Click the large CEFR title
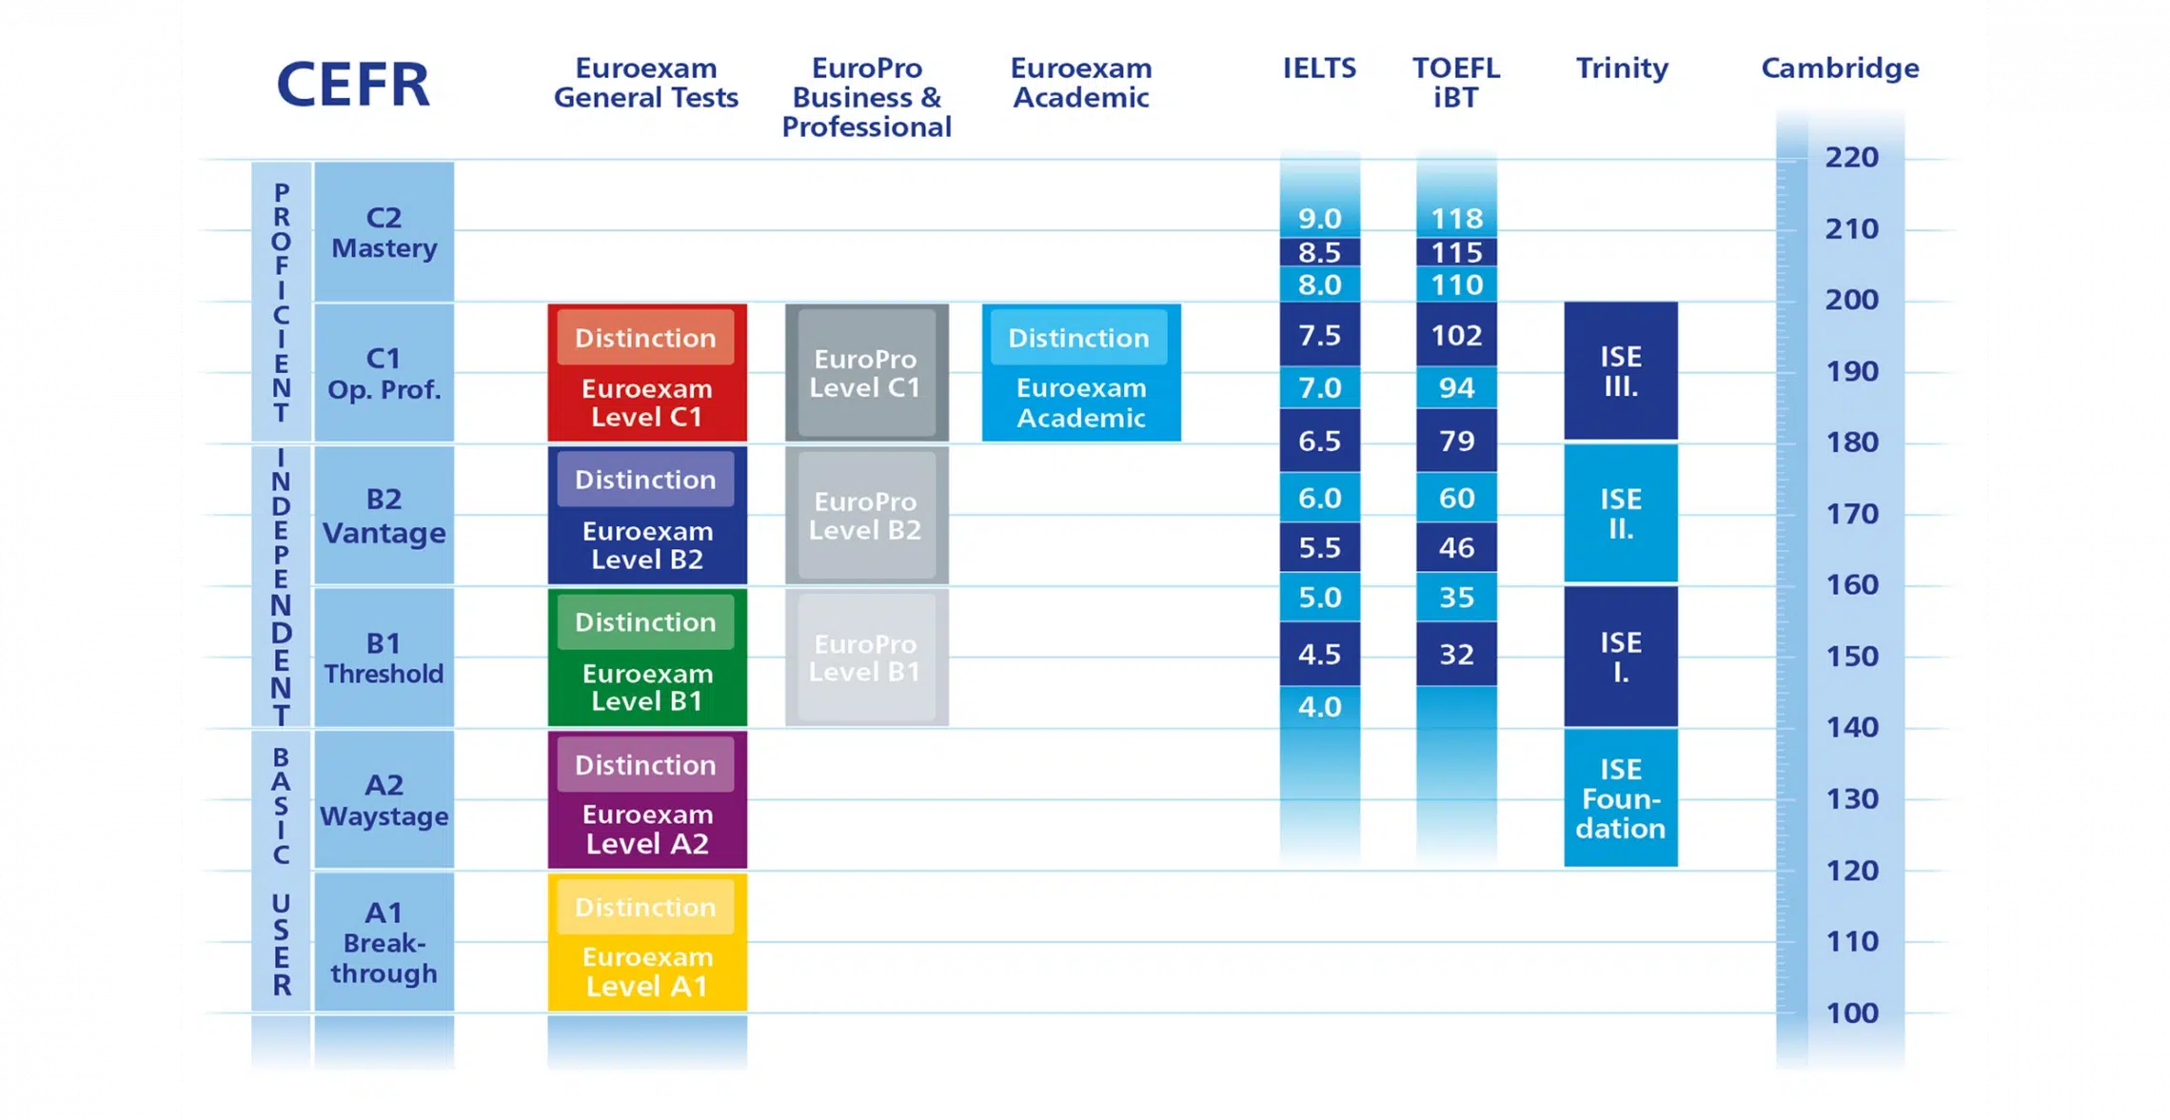pyautogui.click(x=353, y=84)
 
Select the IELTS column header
pyautogui.click(x=1319, y=69)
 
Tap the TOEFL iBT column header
pyautogui.click(x=1455, y=83)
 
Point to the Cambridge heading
pyautogui.click(x=1840, y=69)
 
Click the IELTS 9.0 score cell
pyautogui.click(x=1319, y=219)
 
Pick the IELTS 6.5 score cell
pyautogui.click(x=1319, y=441)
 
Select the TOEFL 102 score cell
pyautogui.click(x=1456, y=335)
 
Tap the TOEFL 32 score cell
pyautogui.click(x=1456, y=655)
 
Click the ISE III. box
pyautogui.click(x=1621, y=371)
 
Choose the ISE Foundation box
pyautogui.click(x=1621, y=798)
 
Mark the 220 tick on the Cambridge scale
pyautogui.click(x=1851, y=157)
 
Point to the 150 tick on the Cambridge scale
pyautogui.click(x=1851, y=657)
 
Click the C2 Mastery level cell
pyautogui.click(x=385, y=232)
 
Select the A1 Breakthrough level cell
pyautogui.click(x=385, y=942)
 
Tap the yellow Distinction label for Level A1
pyautogui.click(x=645, y=907)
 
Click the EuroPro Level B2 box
pyautogui.click(x=866, y=516)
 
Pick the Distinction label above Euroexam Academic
pyautogui.click(x=1078, y=338)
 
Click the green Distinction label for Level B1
pyautogui.click(x=645, y=622)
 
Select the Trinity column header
pyautogui.click(x=1622, y=69)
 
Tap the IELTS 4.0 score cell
pyautogui.click(x=1319, y=707)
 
